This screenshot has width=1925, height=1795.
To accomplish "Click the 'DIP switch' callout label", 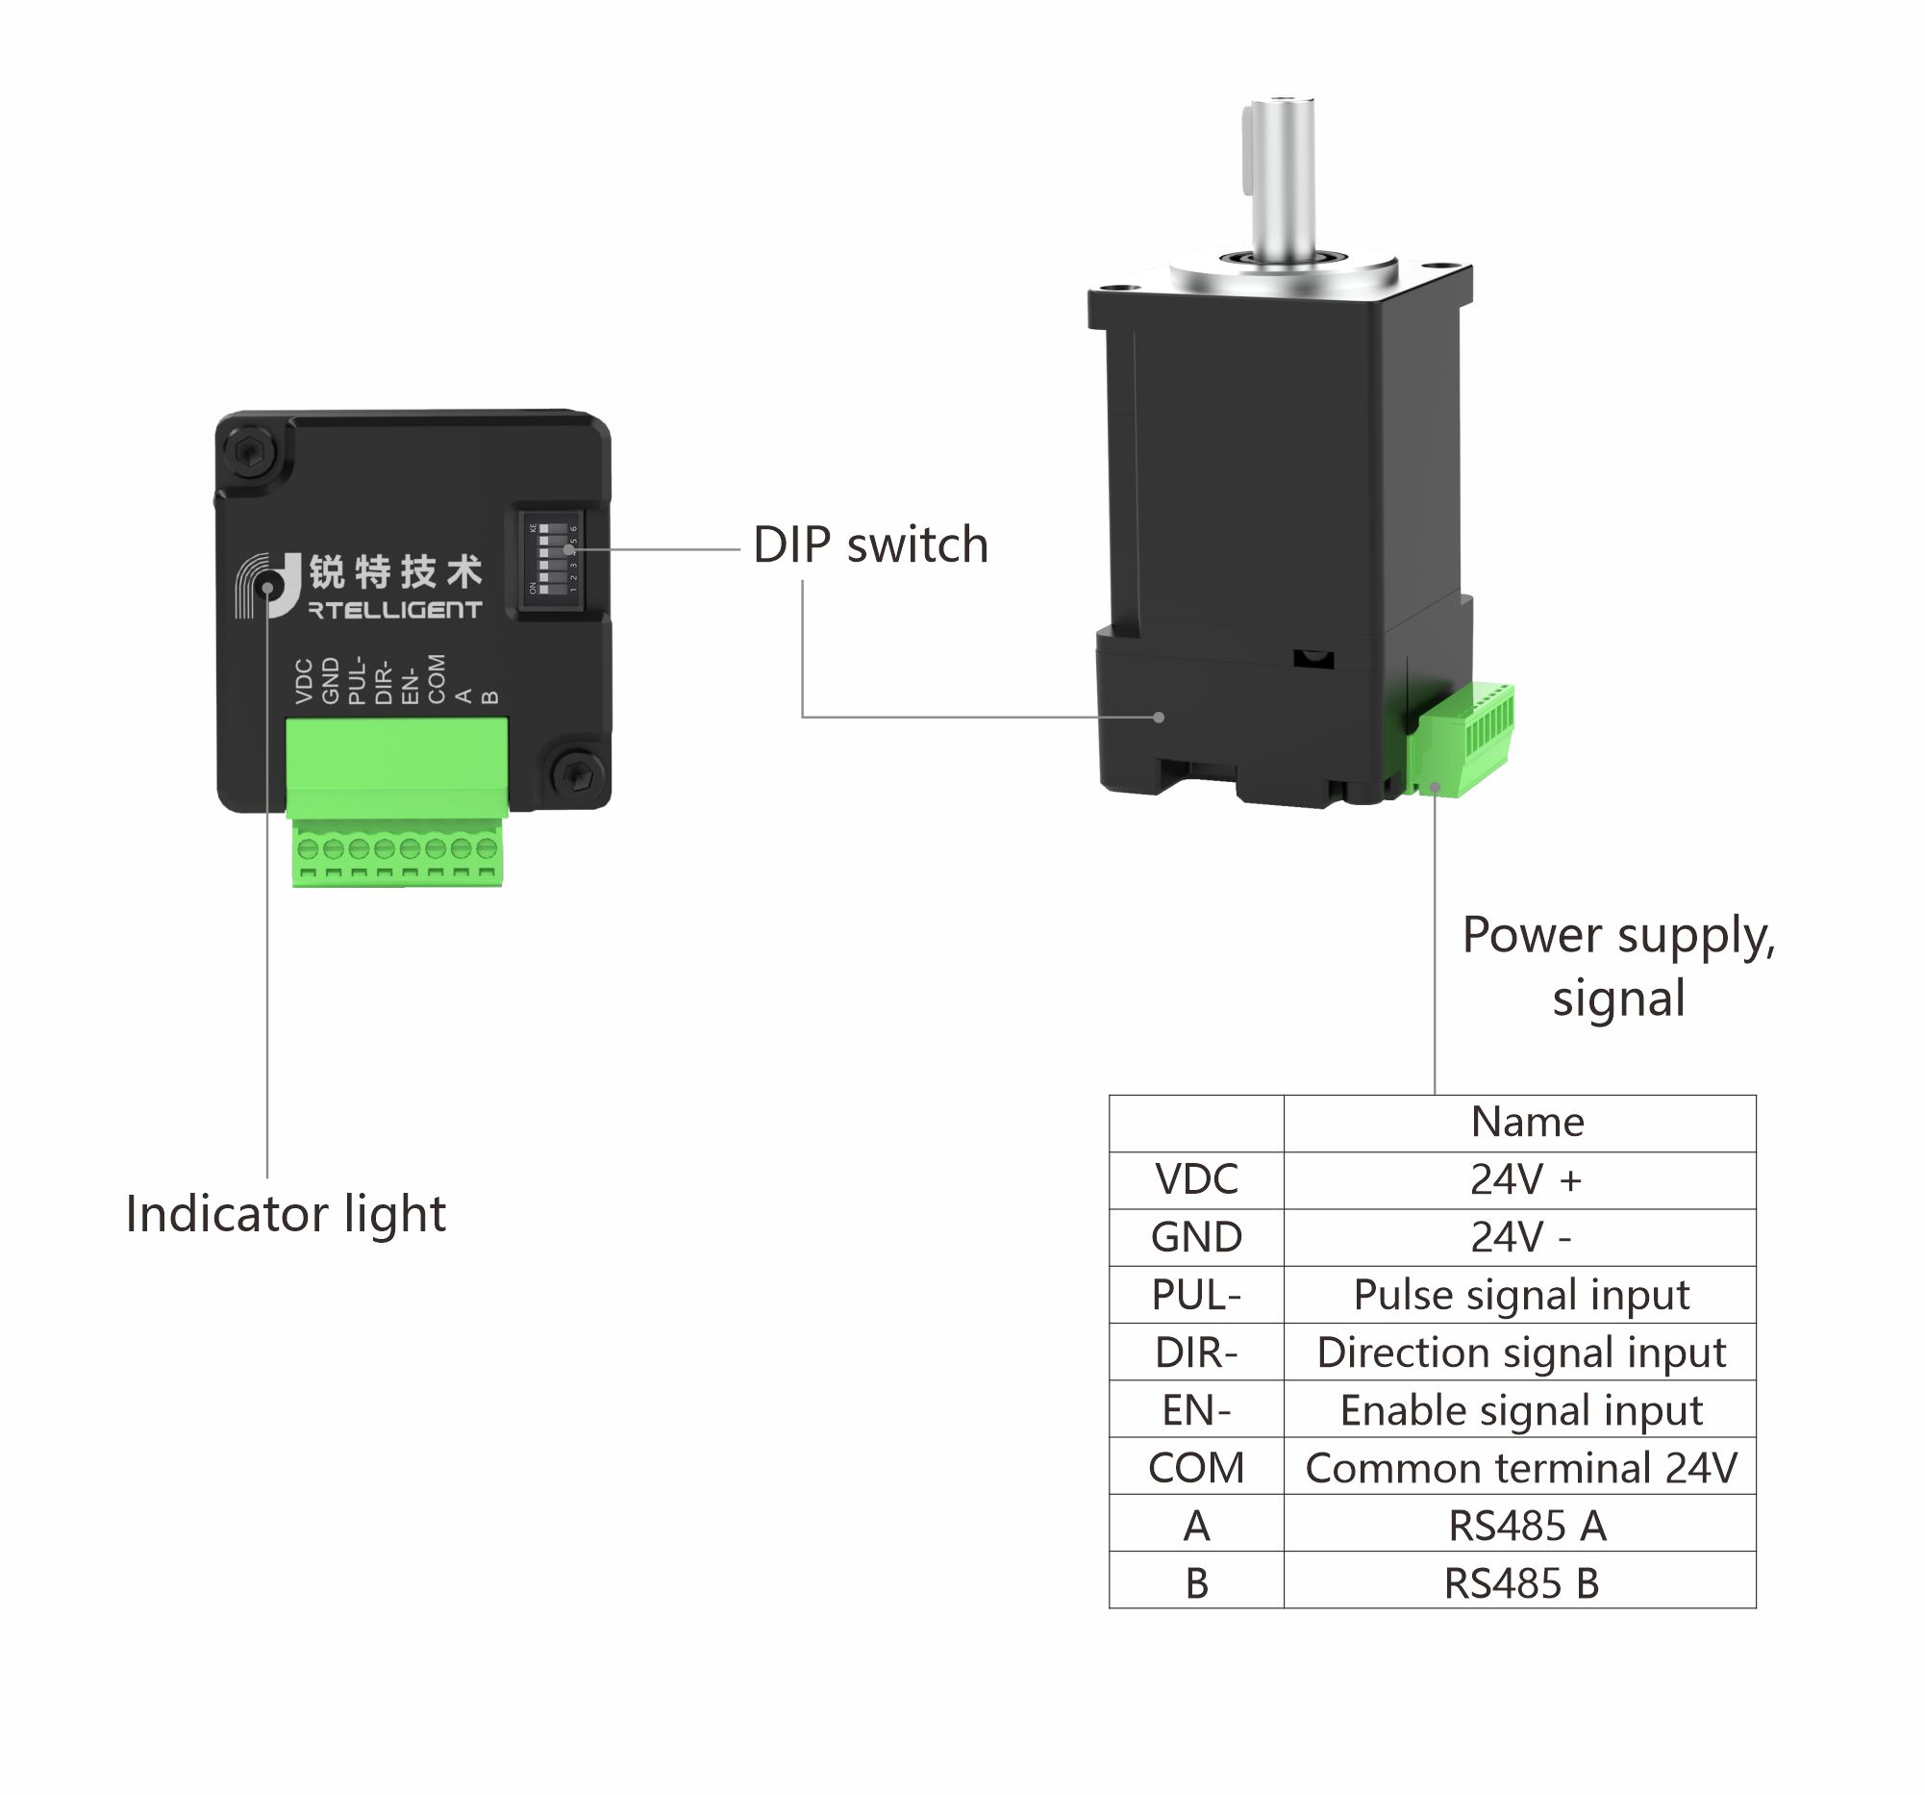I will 869,545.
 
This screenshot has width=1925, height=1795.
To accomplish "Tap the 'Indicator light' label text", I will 286,1214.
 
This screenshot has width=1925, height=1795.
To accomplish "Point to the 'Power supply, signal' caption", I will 1618,967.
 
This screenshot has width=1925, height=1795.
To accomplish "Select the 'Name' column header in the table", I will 1527,1123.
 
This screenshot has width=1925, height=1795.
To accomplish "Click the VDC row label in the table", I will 1196,1180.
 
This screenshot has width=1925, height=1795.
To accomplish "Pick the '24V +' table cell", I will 1525,1180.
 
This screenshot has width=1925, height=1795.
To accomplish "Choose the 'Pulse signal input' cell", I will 1520,1295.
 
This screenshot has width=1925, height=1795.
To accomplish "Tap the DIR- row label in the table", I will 1196,1353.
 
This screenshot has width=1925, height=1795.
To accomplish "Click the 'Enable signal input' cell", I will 1520,1410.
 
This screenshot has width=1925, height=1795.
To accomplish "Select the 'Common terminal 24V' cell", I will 1520,1468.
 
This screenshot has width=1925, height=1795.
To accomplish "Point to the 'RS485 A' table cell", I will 1526,1526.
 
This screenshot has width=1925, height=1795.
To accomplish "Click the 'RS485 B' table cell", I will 1520,1582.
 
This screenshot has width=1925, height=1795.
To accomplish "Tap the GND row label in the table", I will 1196,1237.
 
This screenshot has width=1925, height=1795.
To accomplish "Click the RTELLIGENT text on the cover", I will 395,610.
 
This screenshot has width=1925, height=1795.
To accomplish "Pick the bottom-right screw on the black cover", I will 578,773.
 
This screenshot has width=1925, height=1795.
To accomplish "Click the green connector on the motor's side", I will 1462,738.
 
